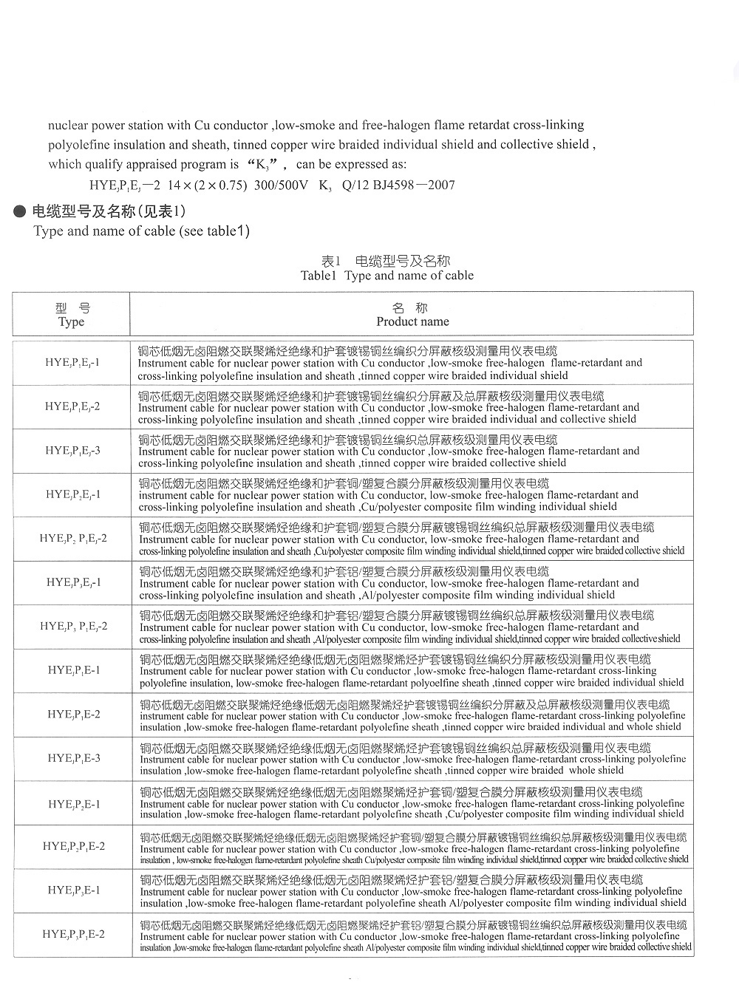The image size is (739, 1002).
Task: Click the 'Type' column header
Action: pyautogui.click(x=71, y=321)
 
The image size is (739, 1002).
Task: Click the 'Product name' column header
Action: pyautogui.click(x=412, y=321)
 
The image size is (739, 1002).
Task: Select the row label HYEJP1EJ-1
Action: pyautogui.click(x=72, y=362)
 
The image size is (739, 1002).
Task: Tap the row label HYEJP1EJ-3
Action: pyautogui.click(x=72, y=450)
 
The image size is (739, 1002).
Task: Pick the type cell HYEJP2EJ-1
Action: pyautogui.click(x=72, y=494)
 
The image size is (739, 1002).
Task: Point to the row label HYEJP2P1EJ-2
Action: pyautogui.click(x=73, y=538)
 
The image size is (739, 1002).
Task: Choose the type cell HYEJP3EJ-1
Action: pyautogui.click(x=73, y=582)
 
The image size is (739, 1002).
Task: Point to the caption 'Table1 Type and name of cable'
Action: pyautogui.click(x=386, y=276)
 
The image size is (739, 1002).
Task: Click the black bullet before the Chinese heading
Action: pyautogui.click(x=21, y=212)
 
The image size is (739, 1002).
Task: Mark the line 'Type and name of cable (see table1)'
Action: pyautogui.click(x=141, y=231)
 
